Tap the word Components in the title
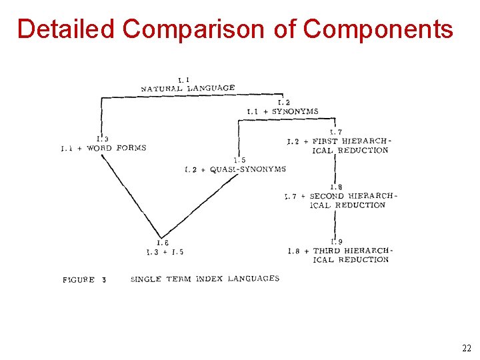[x=378, y=29]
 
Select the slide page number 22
[x=466, y=348]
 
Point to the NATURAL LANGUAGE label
[x=187, y=88]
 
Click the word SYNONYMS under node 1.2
[x=295, y=111]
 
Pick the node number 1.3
[x=103, y=139]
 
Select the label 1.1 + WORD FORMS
[x=103, y=148]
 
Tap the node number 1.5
[x=239, y=160]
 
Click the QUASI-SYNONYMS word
[x=247, y=169]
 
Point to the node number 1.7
[x=336, y=132]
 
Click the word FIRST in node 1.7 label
[x=325, y=141]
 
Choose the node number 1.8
[x=336, y=187]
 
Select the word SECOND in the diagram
[x=327, y=196]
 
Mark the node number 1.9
[x=336, y=241]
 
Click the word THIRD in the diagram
[x=327, y=251]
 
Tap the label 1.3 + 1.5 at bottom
[x=165, y=252]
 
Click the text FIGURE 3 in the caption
[x=84, y=280]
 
